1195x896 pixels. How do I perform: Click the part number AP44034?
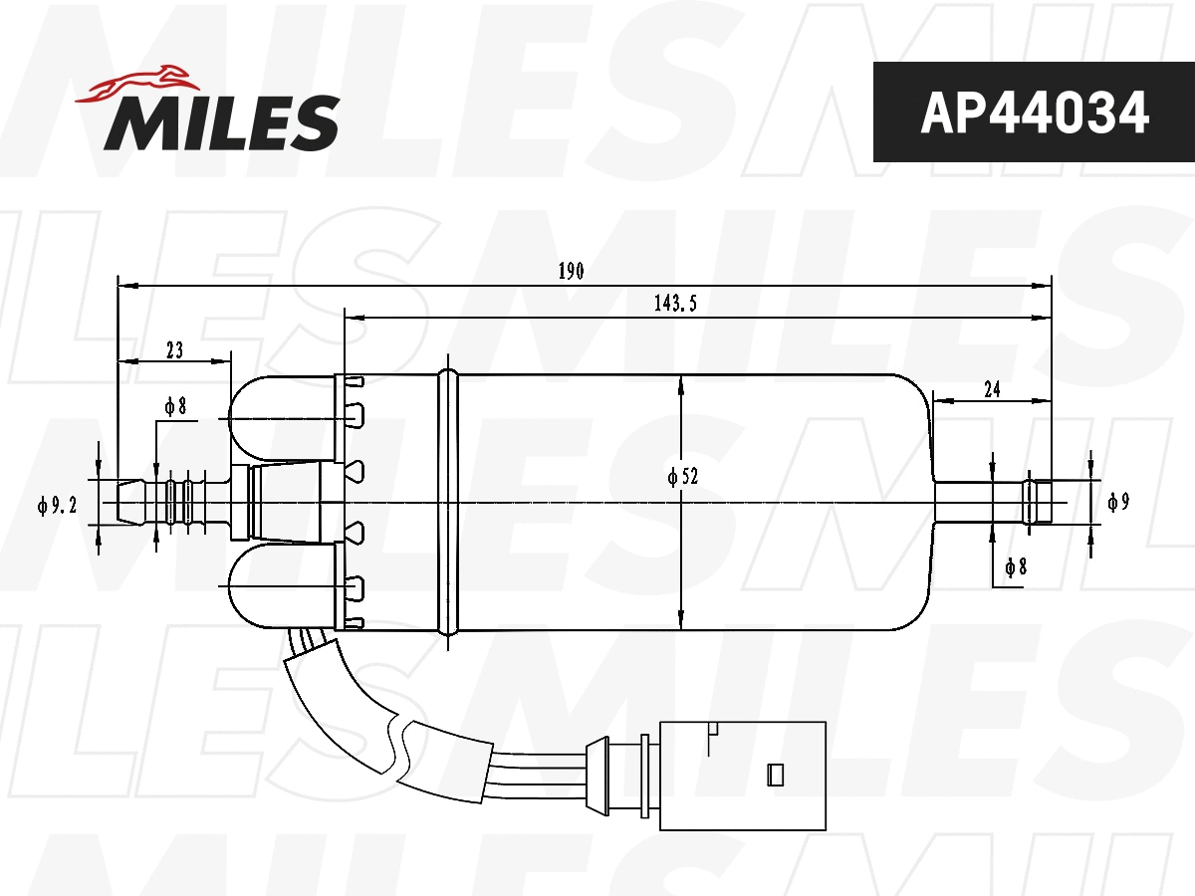1034,112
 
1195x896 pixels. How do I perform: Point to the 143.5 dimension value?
674,305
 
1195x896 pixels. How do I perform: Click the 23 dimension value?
174,349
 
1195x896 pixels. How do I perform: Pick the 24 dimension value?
991,390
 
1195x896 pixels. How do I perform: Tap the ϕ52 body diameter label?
683,477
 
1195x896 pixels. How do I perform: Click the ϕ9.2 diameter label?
58,507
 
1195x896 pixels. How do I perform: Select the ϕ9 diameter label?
1118,503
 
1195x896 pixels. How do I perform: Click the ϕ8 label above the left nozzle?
175,406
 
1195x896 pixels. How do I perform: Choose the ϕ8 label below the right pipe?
1015,567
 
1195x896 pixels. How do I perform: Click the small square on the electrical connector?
775,773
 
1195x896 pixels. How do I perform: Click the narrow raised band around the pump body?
449,502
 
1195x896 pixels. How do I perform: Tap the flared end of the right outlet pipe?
1039,502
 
